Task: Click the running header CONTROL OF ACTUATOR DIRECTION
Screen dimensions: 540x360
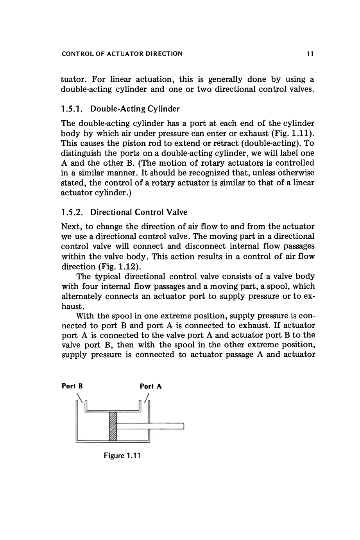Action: pos(122,54)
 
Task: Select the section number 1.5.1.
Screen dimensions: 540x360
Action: pos(73,108)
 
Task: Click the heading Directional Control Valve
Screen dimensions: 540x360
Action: pos(139,212)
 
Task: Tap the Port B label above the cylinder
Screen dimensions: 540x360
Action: pos(72,386)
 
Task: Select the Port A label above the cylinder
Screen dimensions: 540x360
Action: pos(151,386)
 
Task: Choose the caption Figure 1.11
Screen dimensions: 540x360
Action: pos(122,456)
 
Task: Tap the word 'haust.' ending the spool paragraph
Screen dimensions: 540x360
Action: pos(72,306)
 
